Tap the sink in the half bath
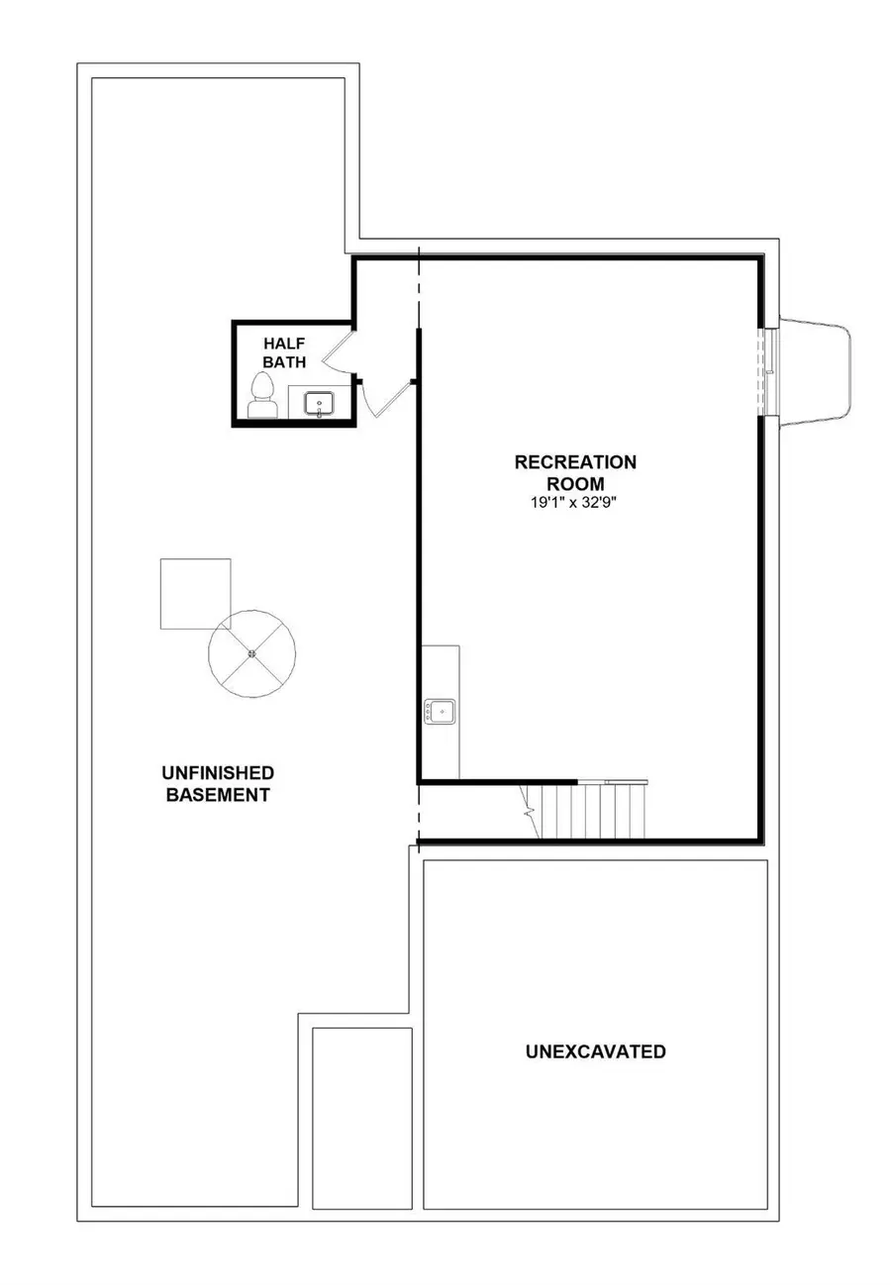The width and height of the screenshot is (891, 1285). (319, 403)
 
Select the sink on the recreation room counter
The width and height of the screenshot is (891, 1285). (441, 711)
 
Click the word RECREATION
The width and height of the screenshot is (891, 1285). (575, 462)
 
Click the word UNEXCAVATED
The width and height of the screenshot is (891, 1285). (595, 1051)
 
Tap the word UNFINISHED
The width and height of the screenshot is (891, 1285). (218, 772)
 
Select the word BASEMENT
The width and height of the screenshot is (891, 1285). (218, 794)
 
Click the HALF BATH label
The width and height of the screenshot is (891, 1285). (284, 351)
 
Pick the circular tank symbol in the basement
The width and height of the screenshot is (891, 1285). (252, 653)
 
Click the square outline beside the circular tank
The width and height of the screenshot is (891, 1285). (195, 593)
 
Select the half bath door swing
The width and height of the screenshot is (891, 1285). (337, 349)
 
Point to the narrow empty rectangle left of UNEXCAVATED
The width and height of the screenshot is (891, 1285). (361, 1118)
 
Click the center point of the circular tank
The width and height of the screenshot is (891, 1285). (252, 653)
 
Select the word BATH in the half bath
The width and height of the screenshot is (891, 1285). (284, 362)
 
